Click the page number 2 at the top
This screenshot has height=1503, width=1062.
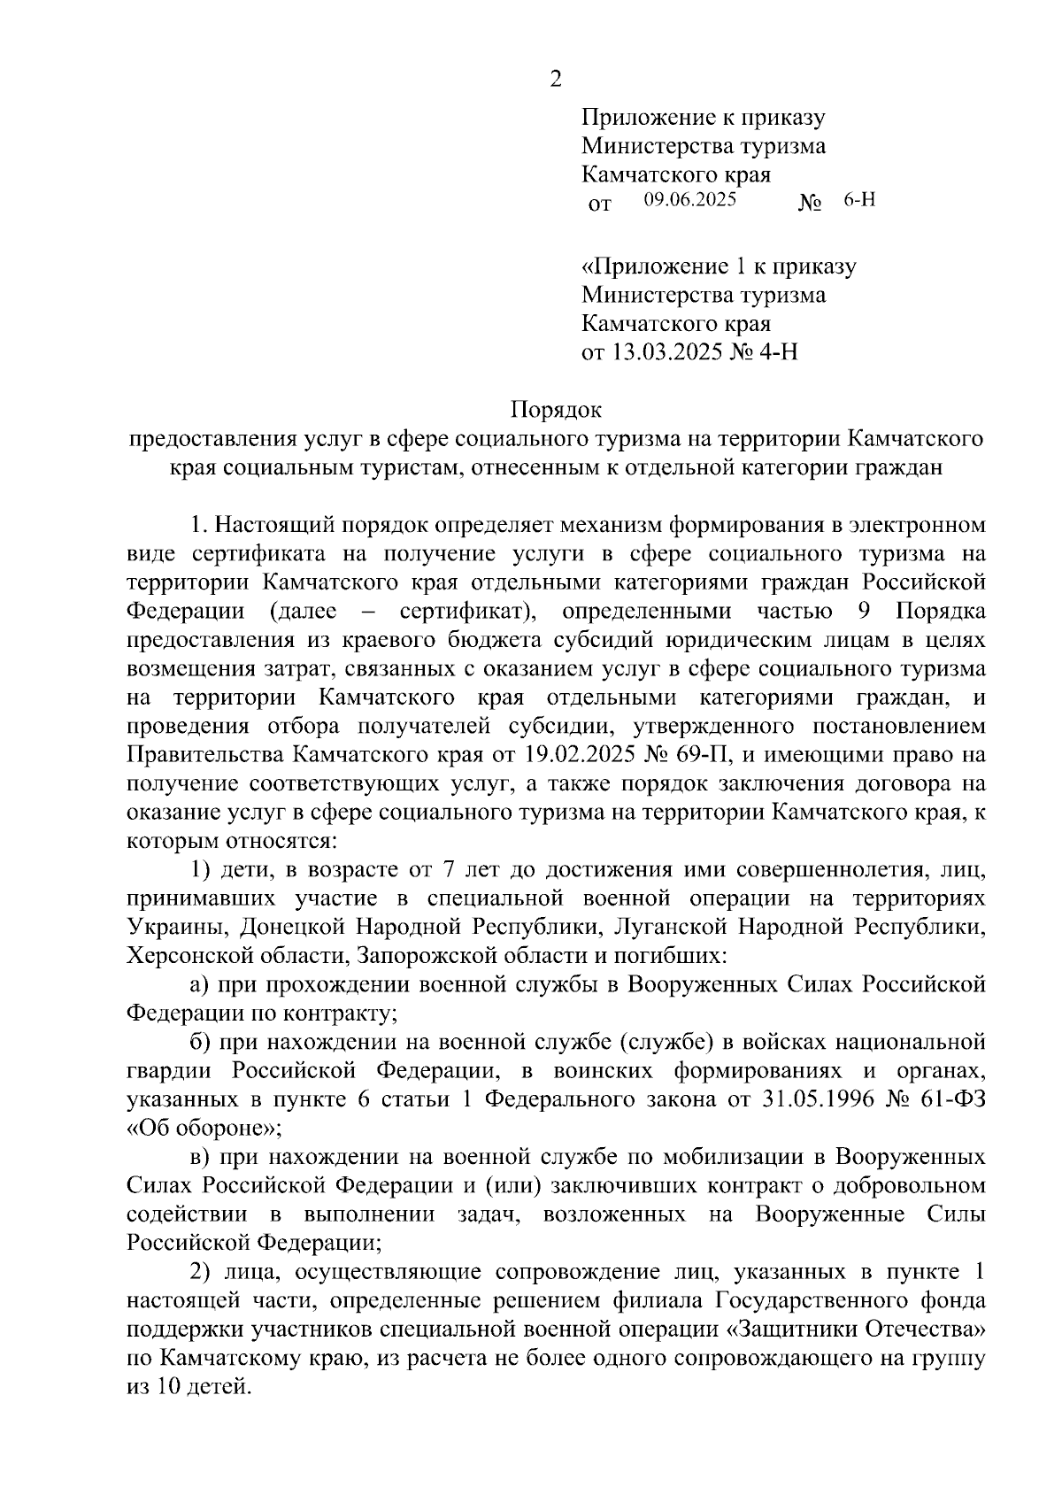click(x=555, y=80)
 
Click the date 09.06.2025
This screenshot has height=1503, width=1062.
click(x=690, y=200)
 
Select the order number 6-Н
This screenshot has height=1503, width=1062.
click(x=859, y=200)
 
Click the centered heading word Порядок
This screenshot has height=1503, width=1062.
click(x=556, y=410)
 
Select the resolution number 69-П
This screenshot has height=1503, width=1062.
click(x=700, y=755)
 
